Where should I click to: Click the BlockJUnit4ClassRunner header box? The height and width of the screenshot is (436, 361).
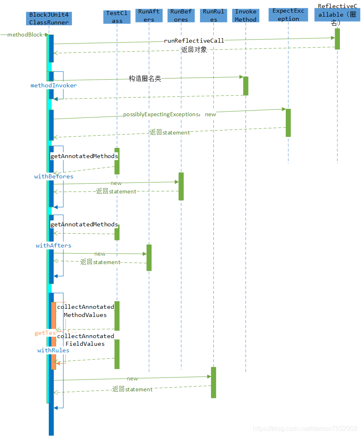pos(49,18)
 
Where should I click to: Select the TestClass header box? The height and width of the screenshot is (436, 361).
pos(117,17)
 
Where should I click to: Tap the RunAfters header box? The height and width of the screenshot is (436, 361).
pos(149,15)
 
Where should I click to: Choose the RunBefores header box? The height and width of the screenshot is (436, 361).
pos(181,15)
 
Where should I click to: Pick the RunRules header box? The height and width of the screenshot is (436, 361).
pos(214,15)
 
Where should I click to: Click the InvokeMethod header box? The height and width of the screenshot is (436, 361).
pos(246,15)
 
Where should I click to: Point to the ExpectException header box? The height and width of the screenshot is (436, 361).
pos(288,15)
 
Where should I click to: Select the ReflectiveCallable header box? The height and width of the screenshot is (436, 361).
pos(337,15)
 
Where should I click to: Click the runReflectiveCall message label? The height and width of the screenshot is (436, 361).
pos(194,41)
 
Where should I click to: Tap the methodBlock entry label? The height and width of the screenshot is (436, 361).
pos(25,35)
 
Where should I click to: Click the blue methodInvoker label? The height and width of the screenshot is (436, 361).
pos(53,85)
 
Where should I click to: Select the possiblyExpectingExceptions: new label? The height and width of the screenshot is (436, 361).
pos(170,115)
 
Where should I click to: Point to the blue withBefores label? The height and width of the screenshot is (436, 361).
pos(54,176)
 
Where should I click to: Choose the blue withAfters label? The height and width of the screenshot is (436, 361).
pos(53,245)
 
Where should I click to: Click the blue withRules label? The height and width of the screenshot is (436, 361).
pos(53,350)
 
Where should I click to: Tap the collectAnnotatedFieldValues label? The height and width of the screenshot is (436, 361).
pos(85,340)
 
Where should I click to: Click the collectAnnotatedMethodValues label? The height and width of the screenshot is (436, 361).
pos(85,311)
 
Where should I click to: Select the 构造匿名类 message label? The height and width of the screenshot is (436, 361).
pos(145,79)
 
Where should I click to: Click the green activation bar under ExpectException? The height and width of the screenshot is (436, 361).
pos(288,123)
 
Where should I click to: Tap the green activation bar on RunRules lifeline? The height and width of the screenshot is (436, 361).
pos(213,382)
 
